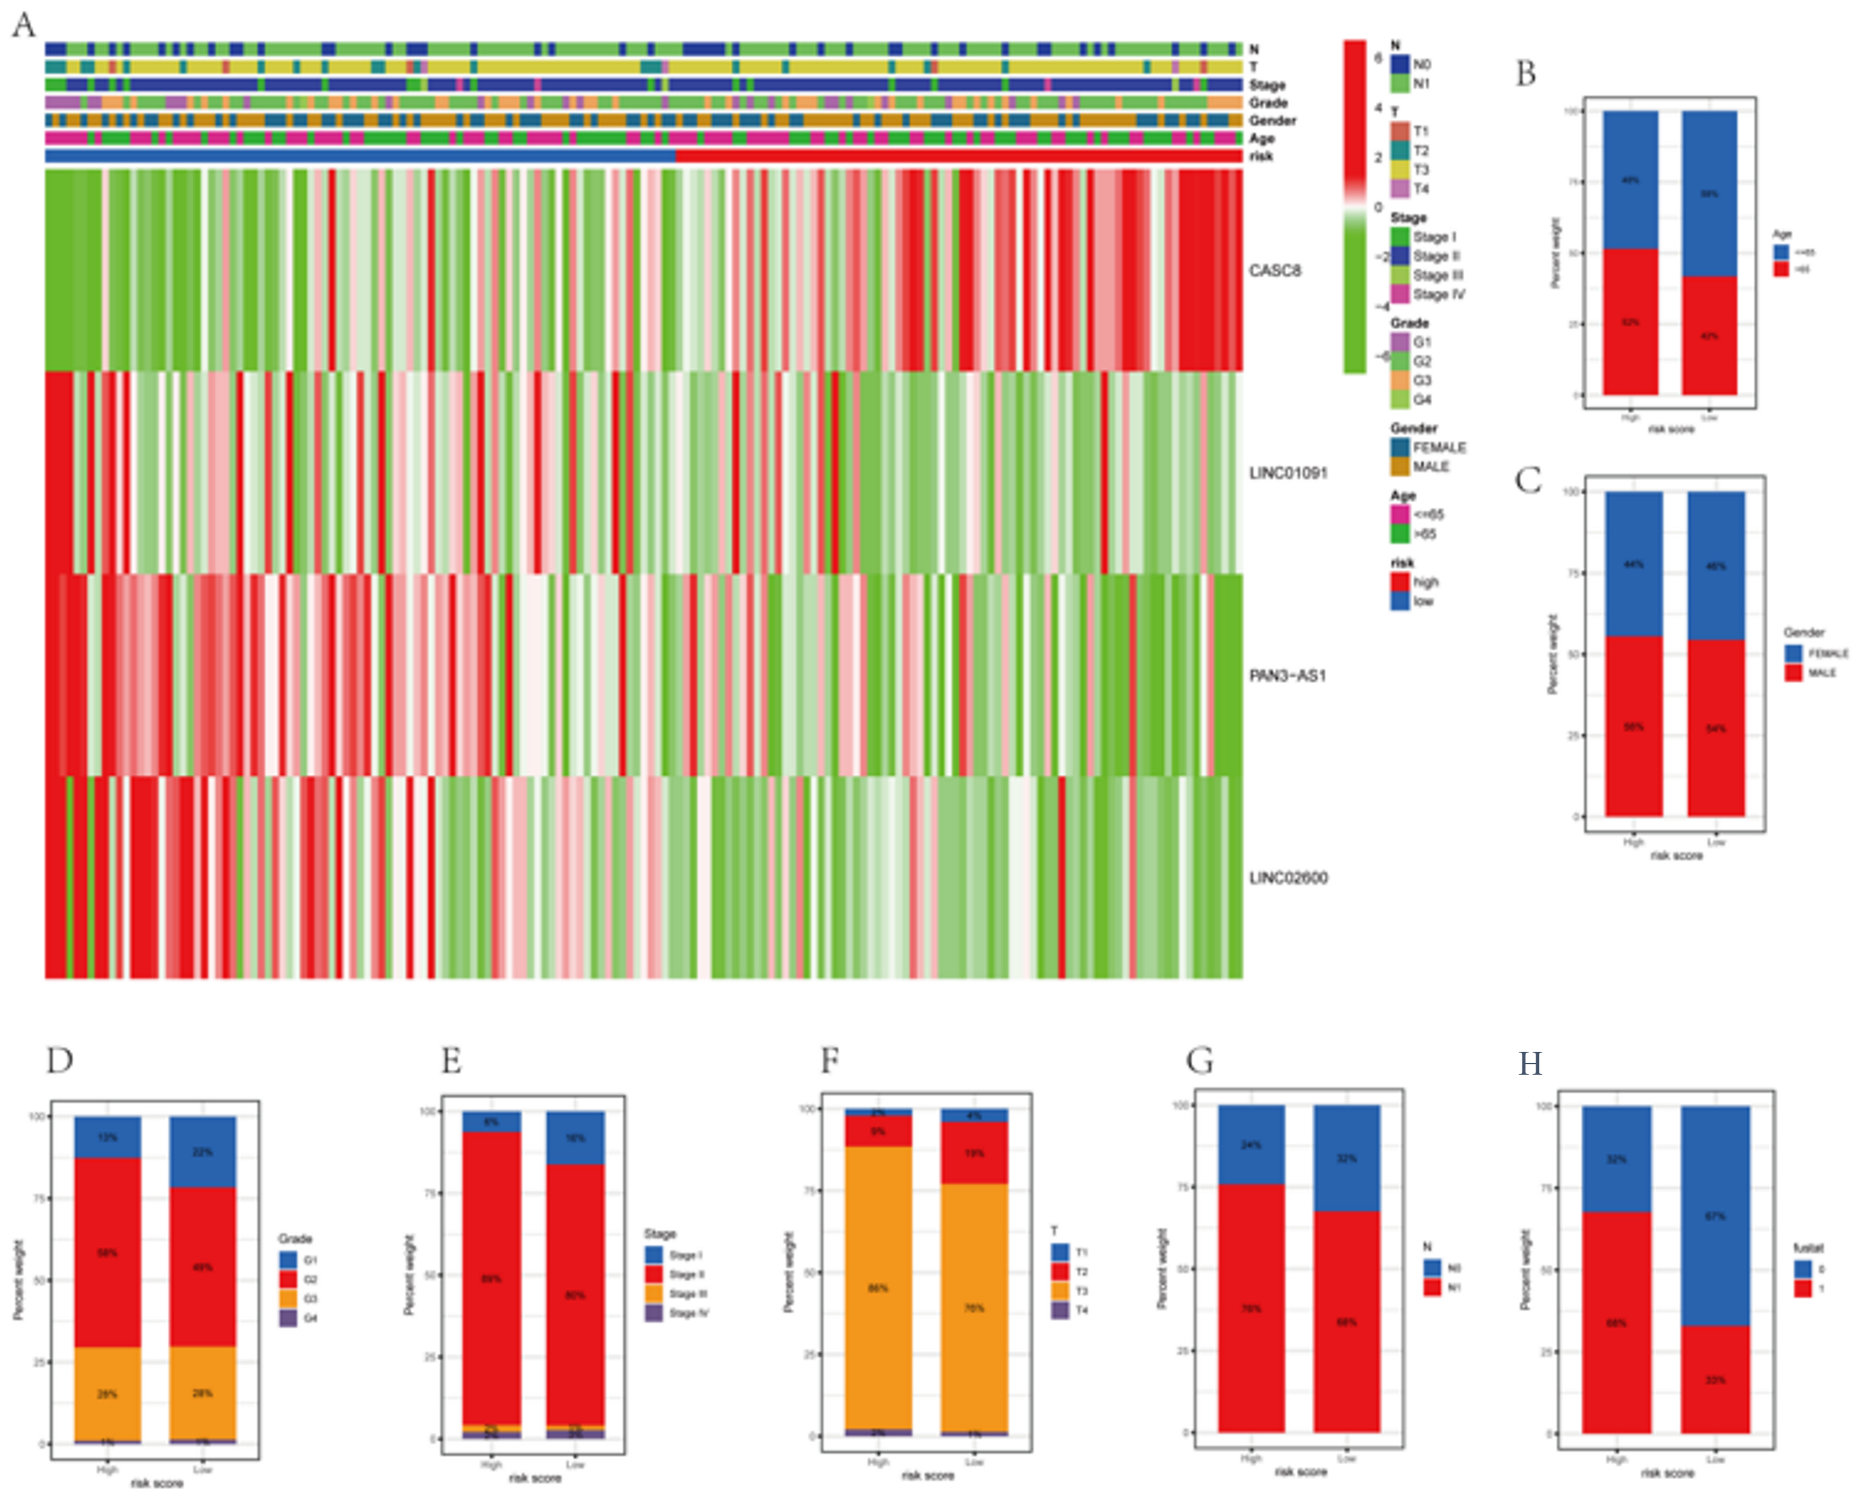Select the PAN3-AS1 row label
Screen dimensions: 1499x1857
click(1286, 675)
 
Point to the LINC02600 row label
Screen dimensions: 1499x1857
click(1288, 878)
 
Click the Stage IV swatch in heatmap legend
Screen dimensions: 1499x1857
click(1399, 294)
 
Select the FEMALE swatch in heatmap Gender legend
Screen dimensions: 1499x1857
click(1399, 447)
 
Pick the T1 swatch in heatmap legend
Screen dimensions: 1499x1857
click(1399, 131)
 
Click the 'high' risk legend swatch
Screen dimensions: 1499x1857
click(1399, 582)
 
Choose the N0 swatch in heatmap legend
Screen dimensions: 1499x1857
click(1399, 64)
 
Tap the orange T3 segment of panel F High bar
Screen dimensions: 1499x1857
click(878, 1286)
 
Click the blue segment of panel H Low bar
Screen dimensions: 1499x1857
click(1714, 1215)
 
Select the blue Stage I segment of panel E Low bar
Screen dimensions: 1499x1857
click(575, 1137)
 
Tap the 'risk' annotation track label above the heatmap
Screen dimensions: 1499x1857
click(1261, 156)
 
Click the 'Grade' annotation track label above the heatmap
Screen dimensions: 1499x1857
click(1267, 103)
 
